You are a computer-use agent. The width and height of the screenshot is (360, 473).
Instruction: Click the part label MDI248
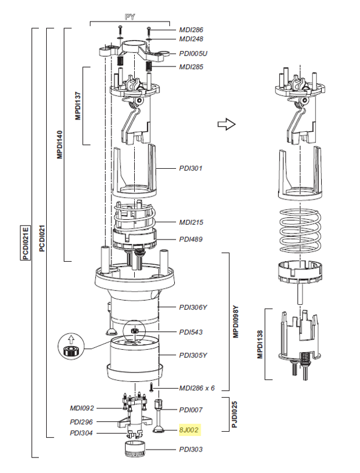pos(191,39)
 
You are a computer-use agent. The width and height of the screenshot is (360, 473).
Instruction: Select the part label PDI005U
pos(193,53)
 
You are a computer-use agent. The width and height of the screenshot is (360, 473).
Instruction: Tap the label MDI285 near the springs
pos(191,67)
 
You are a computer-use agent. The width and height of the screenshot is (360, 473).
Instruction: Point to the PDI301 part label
pos(191,168)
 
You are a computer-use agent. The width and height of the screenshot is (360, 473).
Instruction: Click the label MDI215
pos(191,222)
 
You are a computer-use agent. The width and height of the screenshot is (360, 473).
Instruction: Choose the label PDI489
pos(191,239)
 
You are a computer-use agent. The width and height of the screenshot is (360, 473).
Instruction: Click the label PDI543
pos(191,332)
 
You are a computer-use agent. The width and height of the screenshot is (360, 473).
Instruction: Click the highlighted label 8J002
pos(190,429)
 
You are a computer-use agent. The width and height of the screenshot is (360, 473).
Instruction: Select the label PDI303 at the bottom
pos(191,449)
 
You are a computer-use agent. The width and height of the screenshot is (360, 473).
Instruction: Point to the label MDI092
pos(82,408)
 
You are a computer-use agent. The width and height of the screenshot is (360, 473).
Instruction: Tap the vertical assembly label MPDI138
pos(260,343)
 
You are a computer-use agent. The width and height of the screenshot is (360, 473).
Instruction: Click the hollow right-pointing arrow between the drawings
pos(227,125)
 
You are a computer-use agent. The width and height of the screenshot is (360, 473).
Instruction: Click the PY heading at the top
pos(129,16)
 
